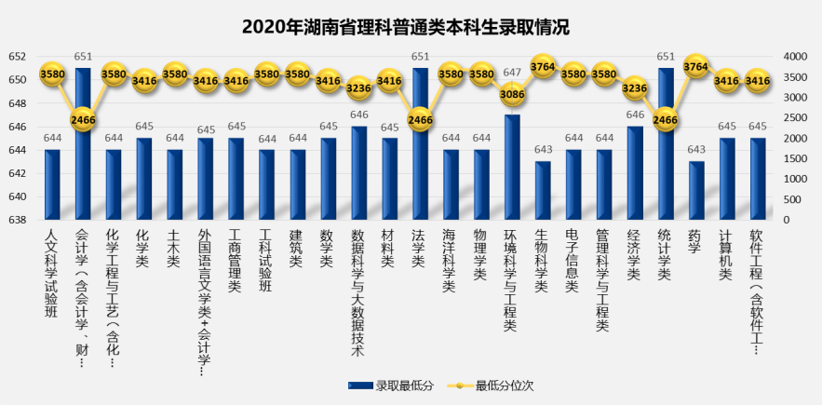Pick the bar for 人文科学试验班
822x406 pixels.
(x=52, y=184)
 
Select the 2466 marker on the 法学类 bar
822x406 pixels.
(x=421, y=120)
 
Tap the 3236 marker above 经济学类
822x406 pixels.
(x=635, y=88)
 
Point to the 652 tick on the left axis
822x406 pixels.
(x=18, y=57)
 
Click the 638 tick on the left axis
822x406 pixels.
(x=18, y=221)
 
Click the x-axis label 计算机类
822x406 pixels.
(x=727, y=251)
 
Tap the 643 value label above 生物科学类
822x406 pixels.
(x=543, y=151)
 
